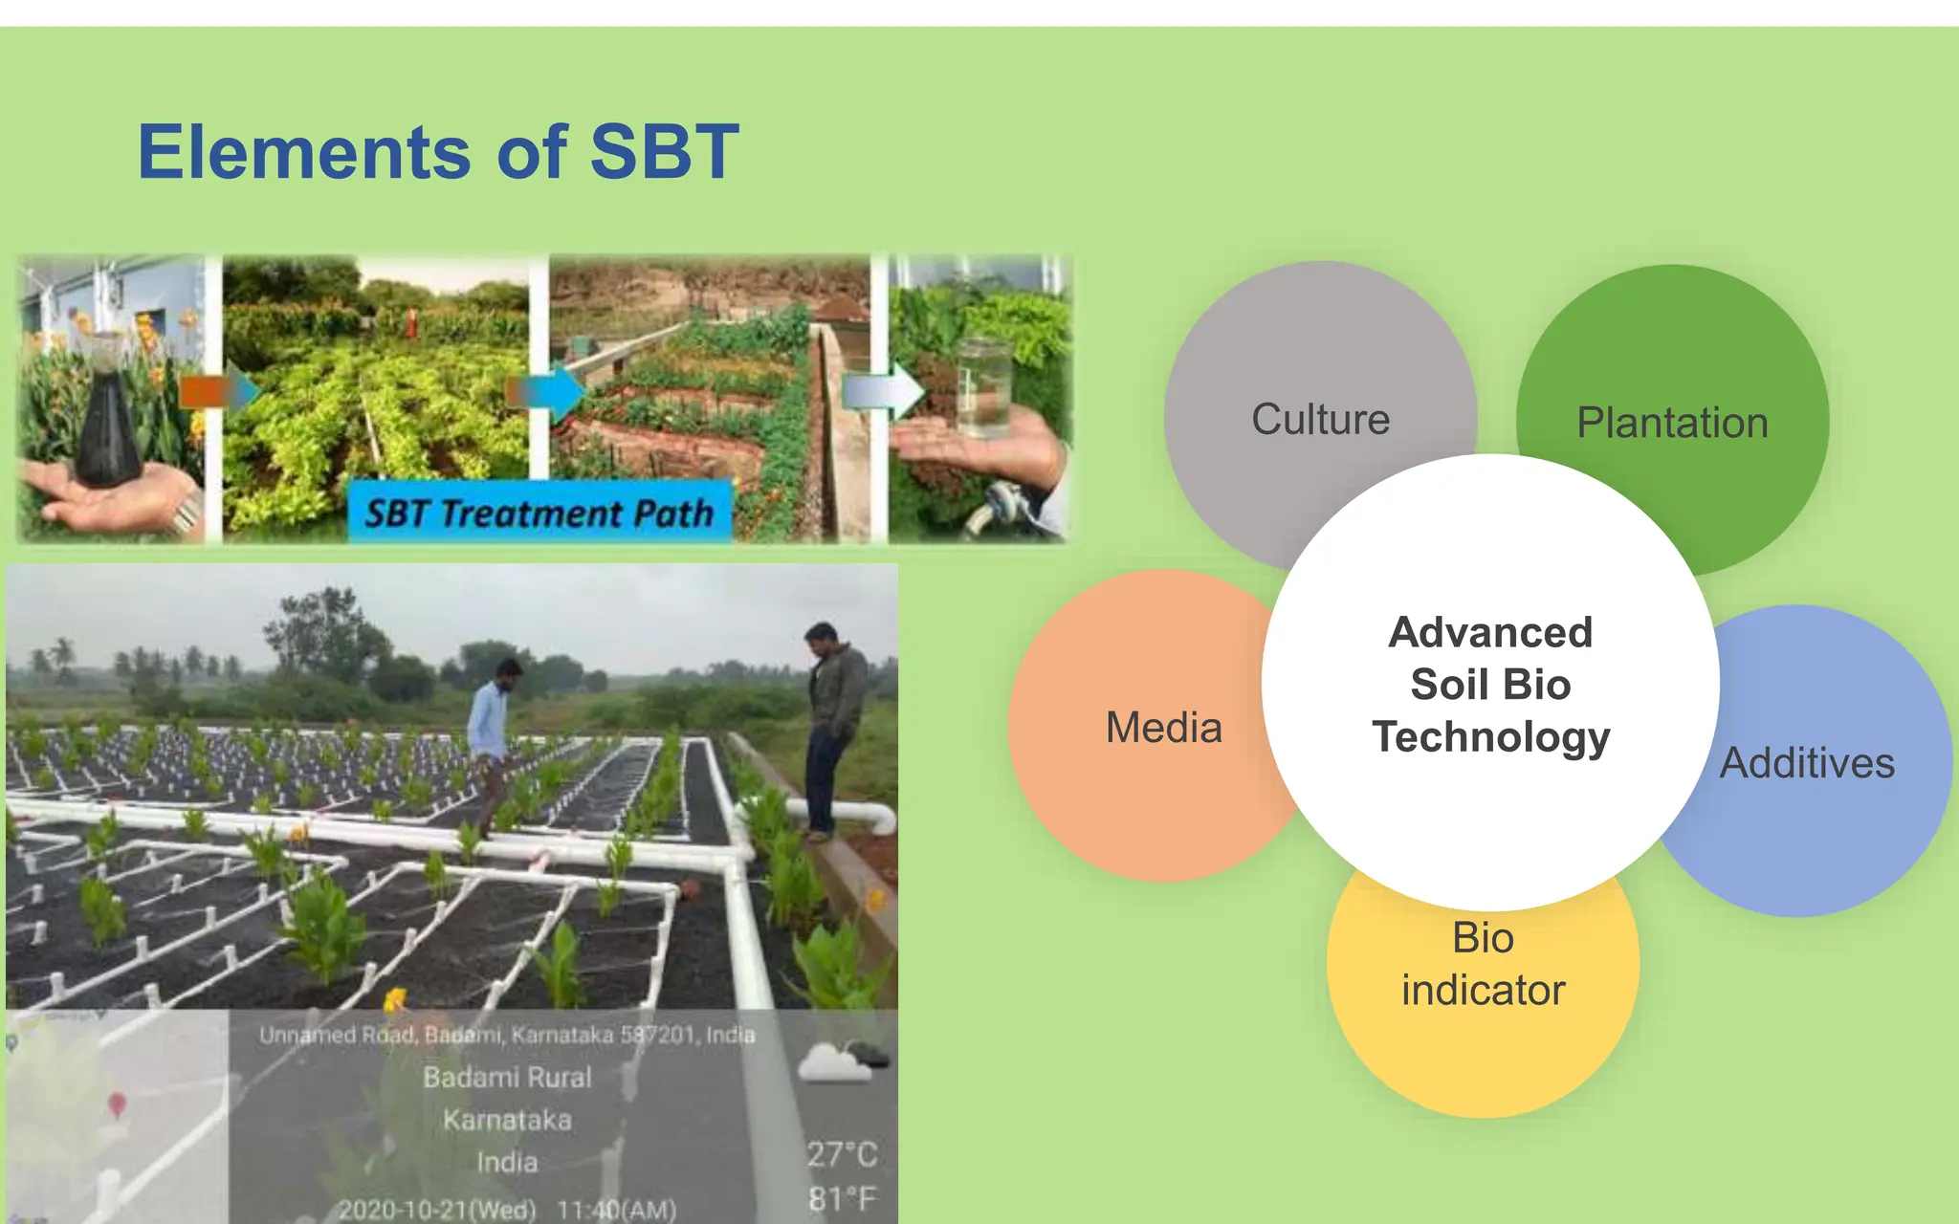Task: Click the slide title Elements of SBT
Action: tap(438, 152)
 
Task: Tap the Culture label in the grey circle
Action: tap(1320, 420)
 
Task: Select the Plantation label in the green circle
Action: tap(1672, 423)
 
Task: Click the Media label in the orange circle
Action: tap(1163, 728)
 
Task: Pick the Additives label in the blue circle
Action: tap(1807, 763)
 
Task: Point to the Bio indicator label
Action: tap(1483, 964)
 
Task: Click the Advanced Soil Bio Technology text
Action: tap(1490, 685)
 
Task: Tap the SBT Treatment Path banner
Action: tap(539, 514)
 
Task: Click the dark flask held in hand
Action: tap(106, 421)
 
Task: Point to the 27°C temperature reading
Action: tap(841, 1154)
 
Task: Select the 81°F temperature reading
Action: tap(841, 1198)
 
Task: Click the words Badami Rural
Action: tap(507, 1078)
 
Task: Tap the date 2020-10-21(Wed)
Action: tap(436, 1210)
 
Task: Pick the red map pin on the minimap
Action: tap(117, 1104)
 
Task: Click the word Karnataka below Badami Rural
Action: tap(507, 1120)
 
